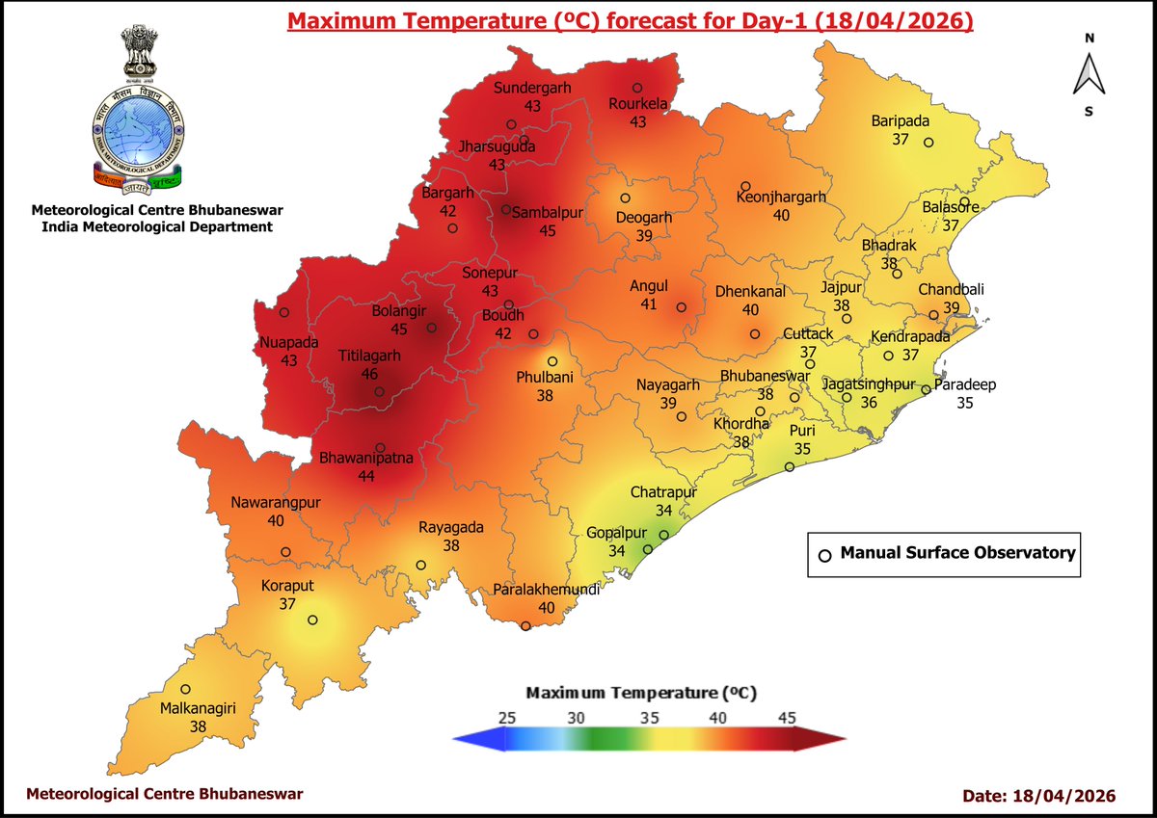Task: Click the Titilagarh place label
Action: (x=368, y=356)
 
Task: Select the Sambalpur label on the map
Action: (x=548, y=213)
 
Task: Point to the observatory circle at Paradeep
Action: (x=926, y=390)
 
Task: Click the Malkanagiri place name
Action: (x=198, y=709)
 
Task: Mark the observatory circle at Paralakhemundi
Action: (x=525, y=626)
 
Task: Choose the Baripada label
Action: (x=900, y=121)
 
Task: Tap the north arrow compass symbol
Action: (x=1089, y=74)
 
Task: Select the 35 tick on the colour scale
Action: (x=650, y=718)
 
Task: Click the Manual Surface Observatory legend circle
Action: (x=824, y=555)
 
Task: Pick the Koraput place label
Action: (x=287, y=586)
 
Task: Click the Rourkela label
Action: (x=637, y=105)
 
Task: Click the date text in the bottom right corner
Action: (x=1038, y=796)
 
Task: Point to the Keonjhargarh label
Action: (x=781, y=198)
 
